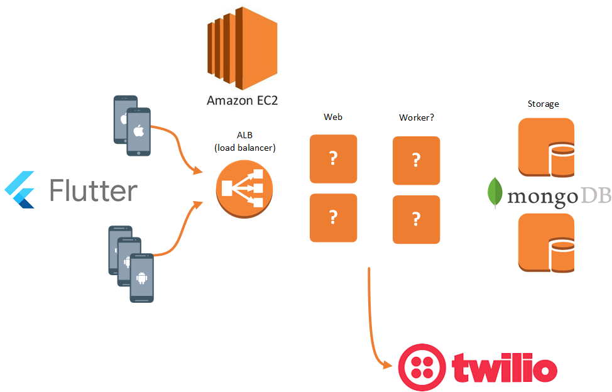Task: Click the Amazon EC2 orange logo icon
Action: point(242,46)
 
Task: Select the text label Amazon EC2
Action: point(242,100)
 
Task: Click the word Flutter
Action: point(93,190)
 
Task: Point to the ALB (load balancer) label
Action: point(245,142)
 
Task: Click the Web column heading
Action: point(333,117)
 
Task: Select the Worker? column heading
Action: point(416,117)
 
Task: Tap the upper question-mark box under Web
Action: point(334,159)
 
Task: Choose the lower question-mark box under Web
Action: point(334,218)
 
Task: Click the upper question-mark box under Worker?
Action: point(416,160)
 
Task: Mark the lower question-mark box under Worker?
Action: point(416,219)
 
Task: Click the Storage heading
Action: point(544,104)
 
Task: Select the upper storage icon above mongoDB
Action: point(546,147)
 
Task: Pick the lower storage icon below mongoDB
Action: point(546,242)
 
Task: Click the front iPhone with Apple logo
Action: point(138,131)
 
